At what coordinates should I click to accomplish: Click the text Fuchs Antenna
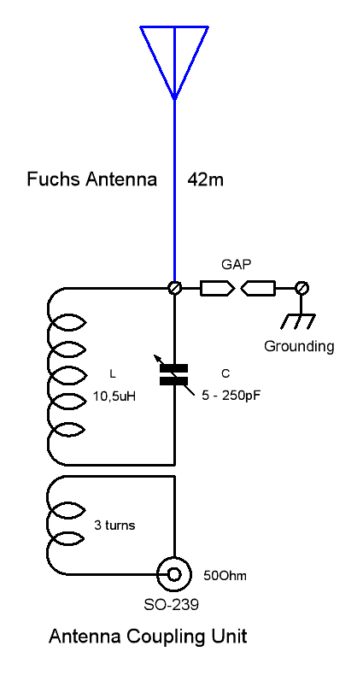point(92,180)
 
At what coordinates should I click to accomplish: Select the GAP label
point(236,265)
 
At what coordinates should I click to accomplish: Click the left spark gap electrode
point(216,289)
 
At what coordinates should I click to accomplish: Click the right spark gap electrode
point(259,289)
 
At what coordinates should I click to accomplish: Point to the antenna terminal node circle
point(174,289)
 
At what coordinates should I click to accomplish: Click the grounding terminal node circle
point(302,289)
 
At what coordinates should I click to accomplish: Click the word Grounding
point(299,347)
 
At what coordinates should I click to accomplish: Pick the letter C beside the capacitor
point(225,373)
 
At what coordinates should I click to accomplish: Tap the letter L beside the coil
point(112,373)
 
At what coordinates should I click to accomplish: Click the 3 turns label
point(114,525)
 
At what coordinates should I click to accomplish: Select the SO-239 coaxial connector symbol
point(174,574)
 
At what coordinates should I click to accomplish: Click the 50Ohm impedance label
point(225,575)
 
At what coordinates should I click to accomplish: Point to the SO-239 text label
point(176,605)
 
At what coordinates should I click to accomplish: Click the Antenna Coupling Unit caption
point(148,637)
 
